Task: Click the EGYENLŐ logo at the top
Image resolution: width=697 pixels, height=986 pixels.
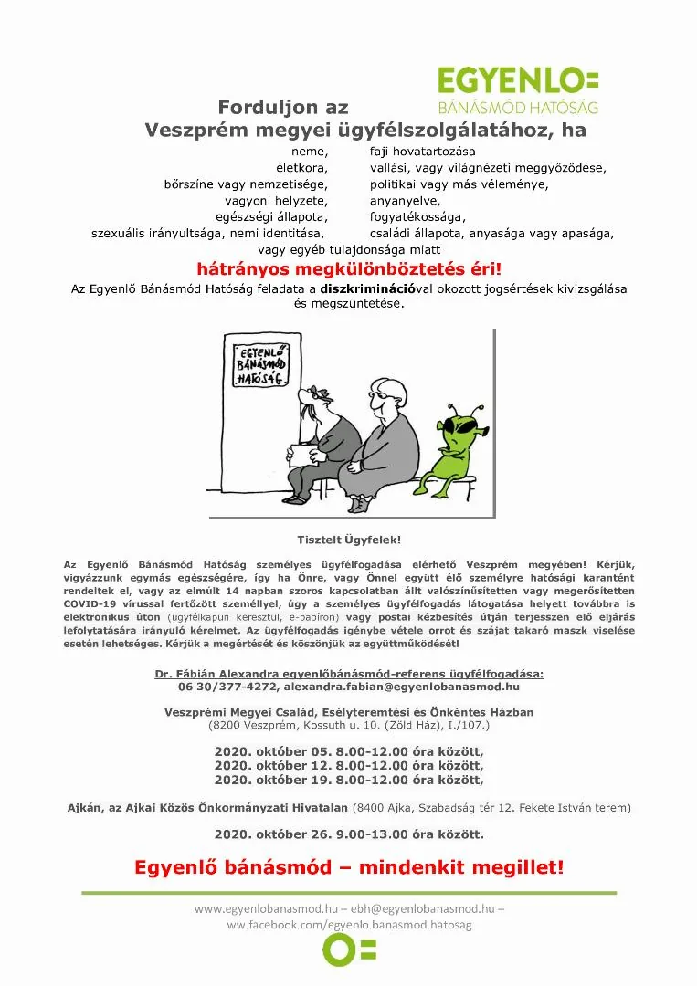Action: (518, 89)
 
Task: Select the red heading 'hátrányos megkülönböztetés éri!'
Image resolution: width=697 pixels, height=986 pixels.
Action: (349, 269)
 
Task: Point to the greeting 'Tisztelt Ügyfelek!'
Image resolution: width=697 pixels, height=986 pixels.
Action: (349, 540)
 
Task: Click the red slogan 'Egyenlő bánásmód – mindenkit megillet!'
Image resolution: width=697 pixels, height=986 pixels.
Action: (349, 867)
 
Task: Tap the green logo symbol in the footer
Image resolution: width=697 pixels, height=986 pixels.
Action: (349, 949)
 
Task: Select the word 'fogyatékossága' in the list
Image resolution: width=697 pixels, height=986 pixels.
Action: (417, 216)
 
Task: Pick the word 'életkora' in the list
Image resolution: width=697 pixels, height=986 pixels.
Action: (301, 168)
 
